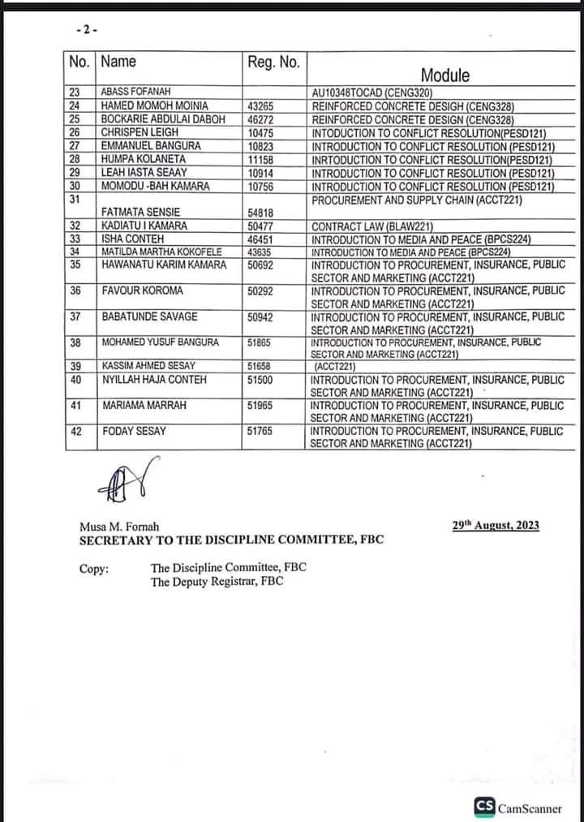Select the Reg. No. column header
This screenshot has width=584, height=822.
[273, 62]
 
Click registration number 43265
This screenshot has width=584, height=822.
[260, 105]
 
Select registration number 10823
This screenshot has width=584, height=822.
[260, 145]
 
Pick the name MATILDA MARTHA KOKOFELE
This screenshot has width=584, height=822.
[161, 252]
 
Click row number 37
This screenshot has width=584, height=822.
[75, 316]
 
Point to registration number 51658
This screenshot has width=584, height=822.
[260, 367]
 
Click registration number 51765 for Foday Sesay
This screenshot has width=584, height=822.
[260, 432]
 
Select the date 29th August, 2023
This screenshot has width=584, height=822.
[496, 526]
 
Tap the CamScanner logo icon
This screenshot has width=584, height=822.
[485, 806]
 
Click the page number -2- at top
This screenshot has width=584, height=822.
[86, 29]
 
